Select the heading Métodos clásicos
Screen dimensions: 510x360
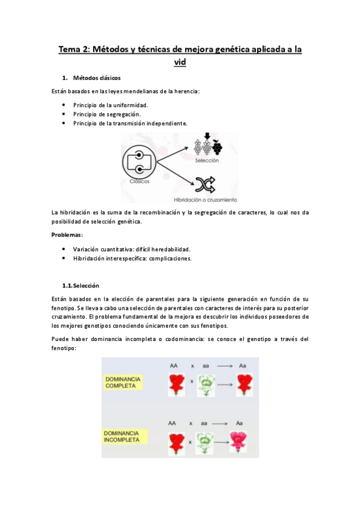pos(97,78)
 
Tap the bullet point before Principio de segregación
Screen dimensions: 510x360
pos(64,114)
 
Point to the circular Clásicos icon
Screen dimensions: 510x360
pos(139,162)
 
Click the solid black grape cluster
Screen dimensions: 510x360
pos(216,146)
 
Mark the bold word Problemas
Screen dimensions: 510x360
pos(67,235)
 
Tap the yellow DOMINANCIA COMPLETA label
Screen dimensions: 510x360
pos(123,382)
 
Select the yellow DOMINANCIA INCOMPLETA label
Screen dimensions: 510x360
pos(123,436)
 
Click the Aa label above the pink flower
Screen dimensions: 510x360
pos(242,423)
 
